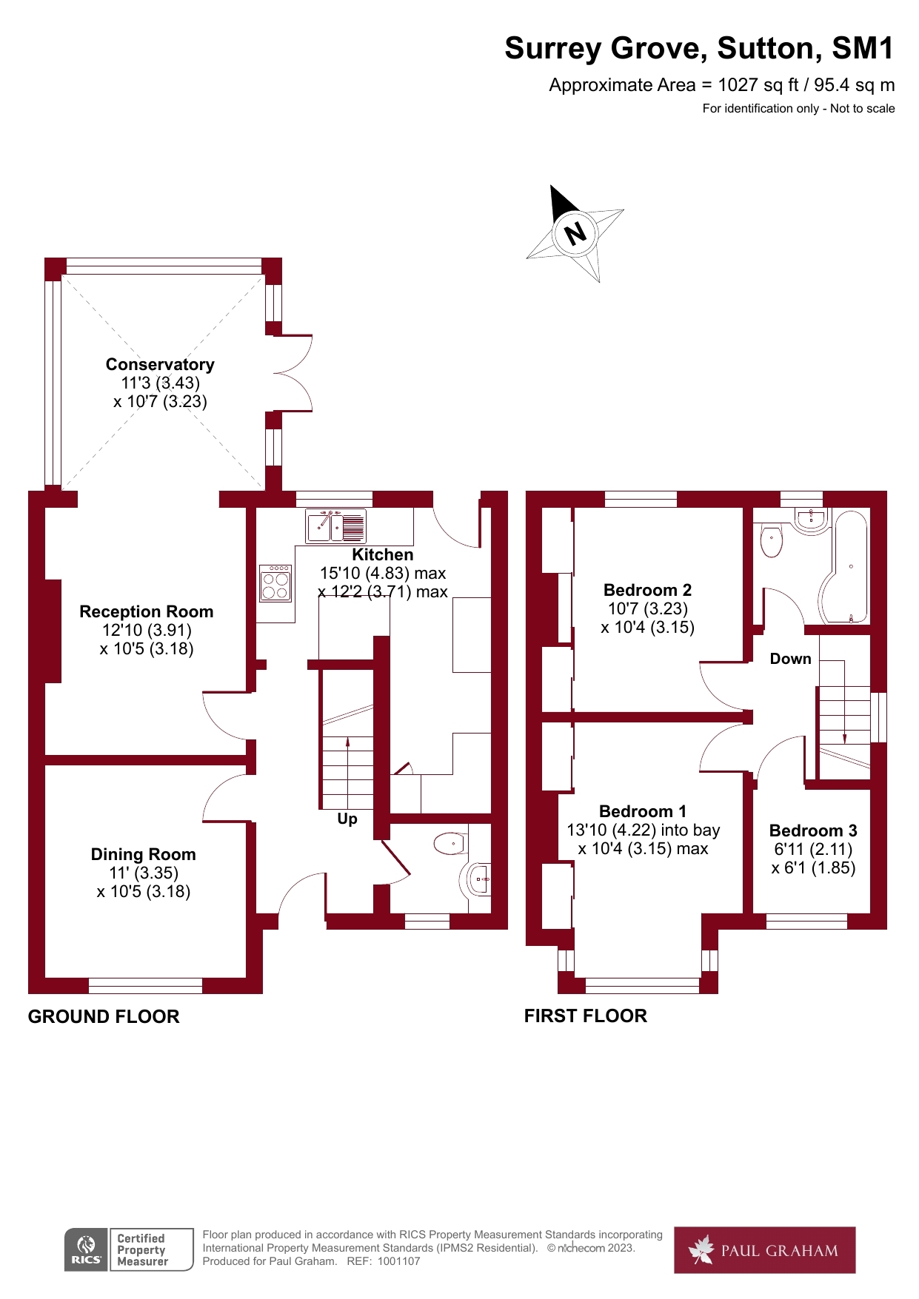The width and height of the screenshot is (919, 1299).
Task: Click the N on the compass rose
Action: [x=575, y=233]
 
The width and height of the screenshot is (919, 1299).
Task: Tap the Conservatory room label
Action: [x=160, y=364]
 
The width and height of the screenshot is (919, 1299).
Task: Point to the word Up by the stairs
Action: [x=347, y=819]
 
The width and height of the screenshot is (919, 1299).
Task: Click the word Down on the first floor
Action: [x=790, y=659]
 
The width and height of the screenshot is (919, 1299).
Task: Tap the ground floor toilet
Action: [x=449, y=843]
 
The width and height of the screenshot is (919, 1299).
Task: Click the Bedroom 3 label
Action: [x=813, y=830]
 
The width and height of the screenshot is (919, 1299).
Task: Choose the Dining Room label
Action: [x=144, y=854]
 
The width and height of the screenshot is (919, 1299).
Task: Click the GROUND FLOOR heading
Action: [x=104, y=1016]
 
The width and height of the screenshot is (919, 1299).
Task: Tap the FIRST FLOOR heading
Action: [x=585, y=1016]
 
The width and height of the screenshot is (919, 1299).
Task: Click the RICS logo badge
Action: [x=86, y=1249]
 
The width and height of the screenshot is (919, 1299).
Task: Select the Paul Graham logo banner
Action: [x=764, y=1250]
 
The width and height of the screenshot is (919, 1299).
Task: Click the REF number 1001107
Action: [x=398, y=1261]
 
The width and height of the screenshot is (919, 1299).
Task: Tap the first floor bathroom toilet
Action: [x=772, y=541]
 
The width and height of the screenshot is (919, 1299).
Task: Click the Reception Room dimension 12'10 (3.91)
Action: [x=147, y=630]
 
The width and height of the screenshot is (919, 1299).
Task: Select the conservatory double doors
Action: [x=293, y=373]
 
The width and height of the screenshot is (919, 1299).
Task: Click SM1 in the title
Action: [x=863, y=49]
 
